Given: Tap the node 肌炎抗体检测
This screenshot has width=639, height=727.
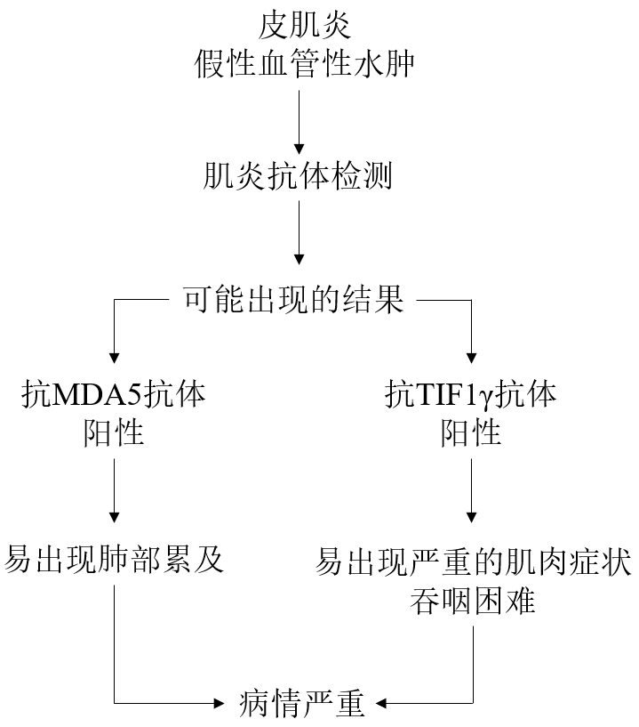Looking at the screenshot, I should [x=299, y=177].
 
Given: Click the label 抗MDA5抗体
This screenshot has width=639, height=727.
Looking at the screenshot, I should [x=115, y=394].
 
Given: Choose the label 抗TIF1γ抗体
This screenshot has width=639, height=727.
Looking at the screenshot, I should [x=472, y=394].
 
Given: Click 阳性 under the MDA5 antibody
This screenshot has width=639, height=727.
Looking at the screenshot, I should [x=115, y=433].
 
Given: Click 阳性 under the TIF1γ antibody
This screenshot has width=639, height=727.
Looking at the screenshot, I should [x=472, y=433].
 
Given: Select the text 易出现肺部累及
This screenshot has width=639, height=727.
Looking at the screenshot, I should [x=115, y=561].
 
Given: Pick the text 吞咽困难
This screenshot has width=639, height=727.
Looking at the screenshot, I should [x=472, y=602].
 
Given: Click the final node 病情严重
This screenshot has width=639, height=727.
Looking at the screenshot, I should [x=302, y=703].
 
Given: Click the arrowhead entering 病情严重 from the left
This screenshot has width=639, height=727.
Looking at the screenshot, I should [x=220, y=703].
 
